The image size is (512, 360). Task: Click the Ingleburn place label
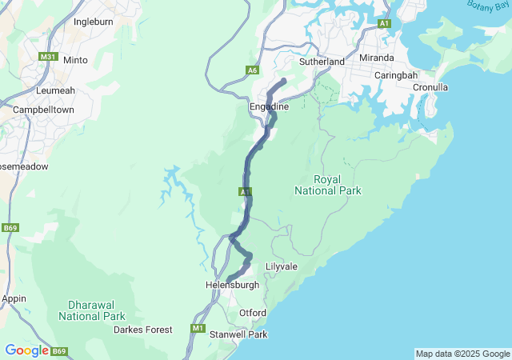(x=90, y=22)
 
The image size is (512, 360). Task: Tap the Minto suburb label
(x=75, y=60)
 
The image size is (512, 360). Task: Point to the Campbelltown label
(x=44, y=108)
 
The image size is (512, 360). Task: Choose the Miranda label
(x=376, y=58)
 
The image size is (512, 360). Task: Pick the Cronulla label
(x=430, y=87)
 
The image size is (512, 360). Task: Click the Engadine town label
(x=270, y=106)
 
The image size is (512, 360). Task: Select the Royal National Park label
(x=328, y=185)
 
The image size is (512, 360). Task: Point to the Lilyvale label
(x=282, y=266)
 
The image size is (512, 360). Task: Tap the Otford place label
(x=253, y=313)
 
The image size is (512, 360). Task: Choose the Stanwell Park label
(x=238, y=334)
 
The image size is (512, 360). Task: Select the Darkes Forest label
(x=142, y=330)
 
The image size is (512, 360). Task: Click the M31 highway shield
(x=49, y=56)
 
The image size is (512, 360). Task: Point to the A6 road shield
(x=253, y=70)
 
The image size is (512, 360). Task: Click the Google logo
(x=26, y=350)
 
